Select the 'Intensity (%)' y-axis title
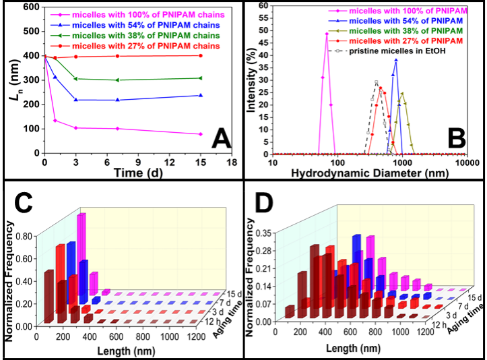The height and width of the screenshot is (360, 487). click(x=249, y=80)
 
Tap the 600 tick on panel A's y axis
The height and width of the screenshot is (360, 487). click(x=31, y=7)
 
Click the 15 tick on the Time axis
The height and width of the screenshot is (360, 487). click(x=199, y=162)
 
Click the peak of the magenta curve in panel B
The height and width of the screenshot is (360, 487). click(x=327, y=34)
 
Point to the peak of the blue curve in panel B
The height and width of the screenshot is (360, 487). click(x=396, y=60)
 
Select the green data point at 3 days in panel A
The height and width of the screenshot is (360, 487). click(x=75, y=79)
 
